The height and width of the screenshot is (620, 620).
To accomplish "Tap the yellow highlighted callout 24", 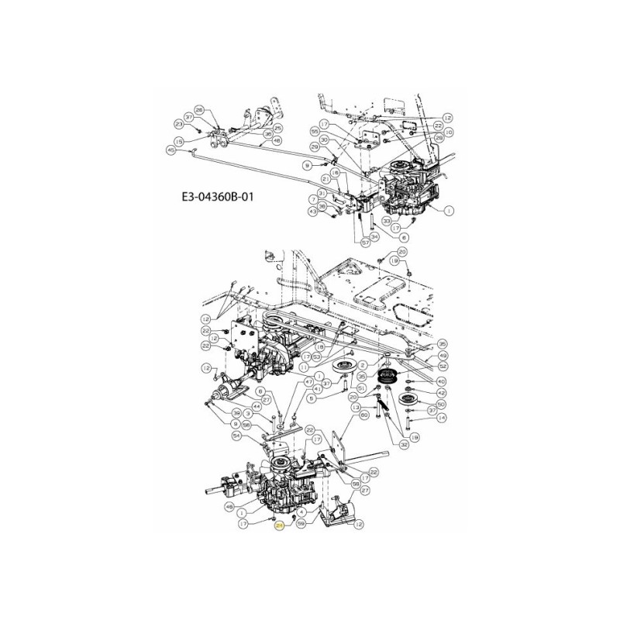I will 279,525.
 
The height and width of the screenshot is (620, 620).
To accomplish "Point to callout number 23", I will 179,124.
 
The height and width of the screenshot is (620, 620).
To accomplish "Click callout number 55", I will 314,132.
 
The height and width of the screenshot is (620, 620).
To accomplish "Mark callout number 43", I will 312,210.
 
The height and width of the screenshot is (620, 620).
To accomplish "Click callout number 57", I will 366,242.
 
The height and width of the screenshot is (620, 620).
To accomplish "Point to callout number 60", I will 363,415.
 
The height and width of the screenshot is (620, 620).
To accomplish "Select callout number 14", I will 442,418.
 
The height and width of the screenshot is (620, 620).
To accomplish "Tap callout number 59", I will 301,524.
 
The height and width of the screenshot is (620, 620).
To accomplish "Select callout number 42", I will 442,393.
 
